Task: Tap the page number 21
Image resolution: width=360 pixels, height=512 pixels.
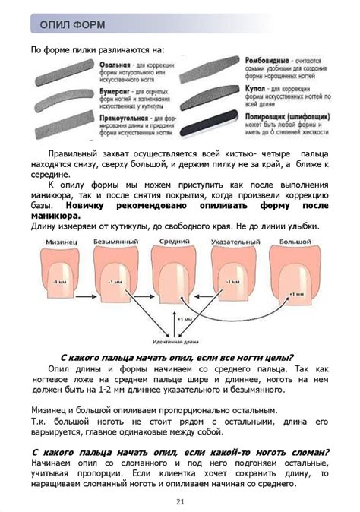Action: click(x=180, y=501)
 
